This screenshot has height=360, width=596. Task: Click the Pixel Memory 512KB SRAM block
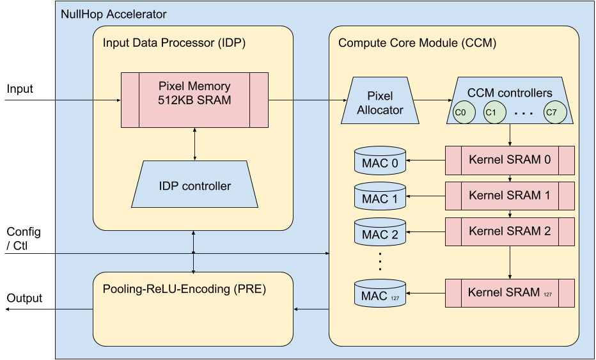[x=194, y=100]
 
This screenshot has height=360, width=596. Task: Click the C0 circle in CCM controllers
[x=460, y=112]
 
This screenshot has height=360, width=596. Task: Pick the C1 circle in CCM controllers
[x=491, y=112]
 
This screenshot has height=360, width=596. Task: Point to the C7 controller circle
[x=551, y=112]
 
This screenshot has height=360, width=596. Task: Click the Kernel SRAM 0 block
[x=510, y=160]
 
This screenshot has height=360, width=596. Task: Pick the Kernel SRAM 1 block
[x=510, y=196]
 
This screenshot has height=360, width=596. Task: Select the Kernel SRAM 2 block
[x=510, y=231]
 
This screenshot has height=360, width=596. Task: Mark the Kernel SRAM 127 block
[x=510, y=293]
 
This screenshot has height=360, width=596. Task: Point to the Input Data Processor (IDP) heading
[x=174, y=43]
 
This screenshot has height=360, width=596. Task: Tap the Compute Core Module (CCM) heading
[x=417, y=43]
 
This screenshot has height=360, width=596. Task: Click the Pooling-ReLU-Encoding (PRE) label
[x=184, y=289]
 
